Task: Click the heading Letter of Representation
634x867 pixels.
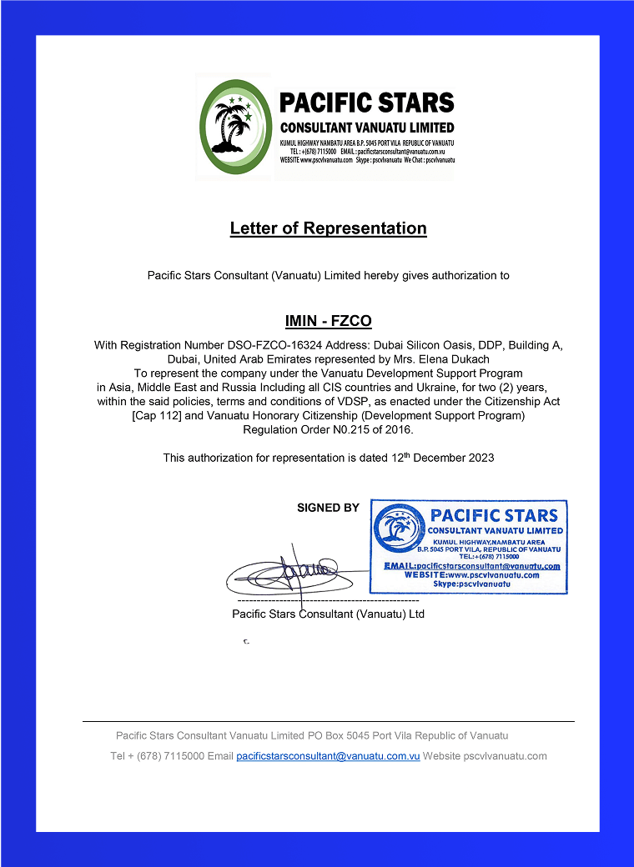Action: [x=328, y=228]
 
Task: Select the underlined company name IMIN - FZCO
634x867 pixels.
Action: [x=328, y=321]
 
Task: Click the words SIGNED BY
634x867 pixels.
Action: [x=328, y=508]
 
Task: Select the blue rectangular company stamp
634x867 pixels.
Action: [x=469, y=547]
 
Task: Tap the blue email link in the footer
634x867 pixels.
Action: [x=328, y=756]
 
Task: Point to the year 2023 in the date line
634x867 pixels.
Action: [x=480, y=458]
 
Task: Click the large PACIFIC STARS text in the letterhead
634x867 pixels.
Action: [x=366, y=103]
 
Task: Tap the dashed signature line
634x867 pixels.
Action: [x=328, y=600]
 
